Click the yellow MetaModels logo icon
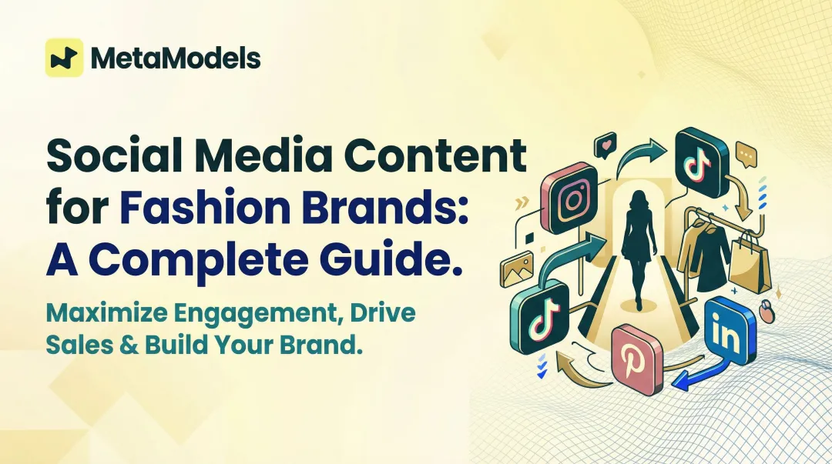[64, 58]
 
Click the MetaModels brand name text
[175, 58]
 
